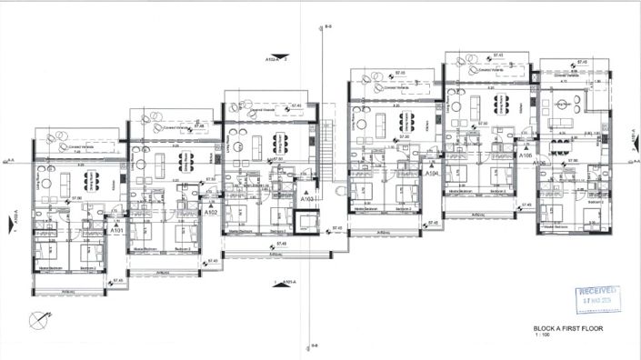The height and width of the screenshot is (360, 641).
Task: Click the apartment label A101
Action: click(116, 231)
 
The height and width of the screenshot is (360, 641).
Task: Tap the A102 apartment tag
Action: click(211, 213)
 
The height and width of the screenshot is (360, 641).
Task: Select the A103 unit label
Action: click(307, 196)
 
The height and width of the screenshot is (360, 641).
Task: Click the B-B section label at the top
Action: click(327, 28)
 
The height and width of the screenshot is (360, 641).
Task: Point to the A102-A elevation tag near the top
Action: click(273, 59)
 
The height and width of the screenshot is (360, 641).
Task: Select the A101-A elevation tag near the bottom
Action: click(287, 283)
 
